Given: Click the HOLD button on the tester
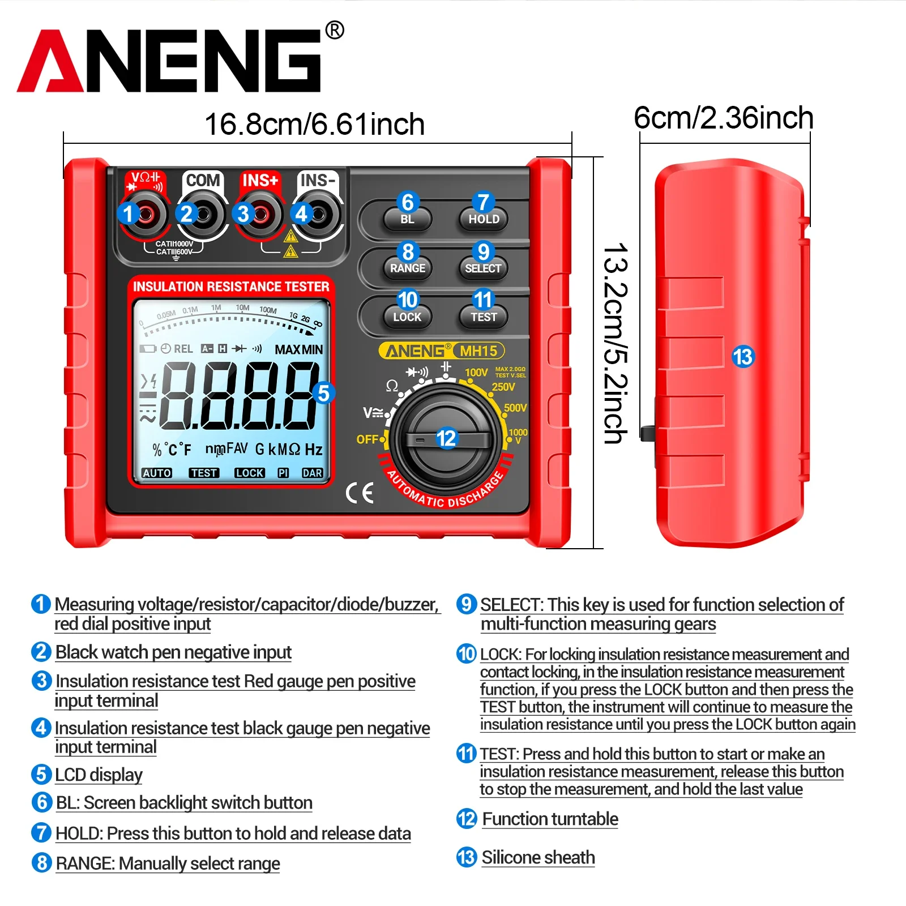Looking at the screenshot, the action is tap(484, 219).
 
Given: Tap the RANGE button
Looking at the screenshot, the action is tap(408, 268).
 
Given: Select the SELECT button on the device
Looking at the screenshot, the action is tap(483, 268).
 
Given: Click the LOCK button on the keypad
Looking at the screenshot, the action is tap(408, 317).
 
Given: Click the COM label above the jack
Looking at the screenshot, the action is tap(203, 180).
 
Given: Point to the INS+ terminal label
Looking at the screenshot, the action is tap(260, 180).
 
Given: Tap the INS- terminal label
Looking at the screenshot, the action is tap(318, 180).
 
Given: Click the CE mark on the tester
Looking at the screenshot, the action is tap(360, 493).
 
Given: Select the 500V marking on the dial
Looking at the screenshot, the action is tap(515, 408).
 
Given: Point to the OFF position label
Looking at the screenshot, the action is tap(367, 439).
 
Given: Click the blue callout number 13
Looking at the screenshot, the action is tap(743, 356).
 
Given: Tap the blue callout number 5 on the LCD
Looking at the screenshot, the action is tap(323, 393).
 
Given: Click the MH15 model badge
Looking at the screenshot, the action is tap(478, 351).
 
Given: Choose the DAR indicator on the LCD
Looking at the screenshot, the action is tap(312, 473).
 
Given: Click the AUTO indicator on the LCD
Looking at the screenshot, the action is tap(157, 473).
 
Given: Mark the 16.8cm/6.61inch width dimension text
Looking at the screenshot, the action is tap(314, 124).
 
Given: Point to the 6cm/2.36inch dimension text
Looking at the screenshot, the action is tap(724, 118).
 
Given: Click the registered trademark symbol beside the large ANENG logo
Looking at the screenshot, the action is tap(335, 30).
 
